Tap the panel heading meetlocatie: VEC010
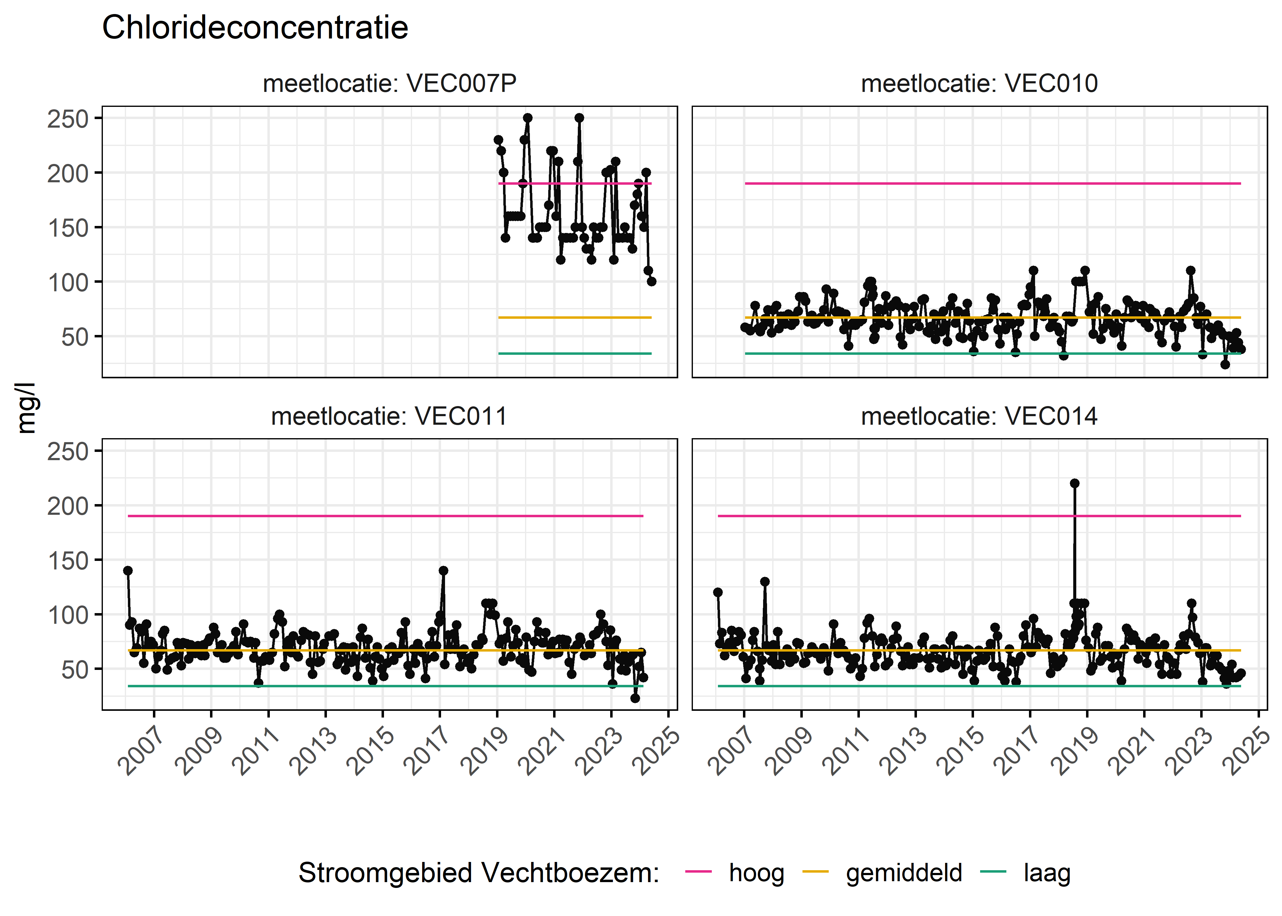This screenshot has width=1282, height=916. click(x=979, y=83)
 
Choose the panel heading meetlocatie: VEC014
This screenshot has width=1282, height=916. click(x=979, y=416)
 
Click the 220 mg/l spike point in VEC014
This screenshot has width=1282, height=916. click(x=1074, y=483)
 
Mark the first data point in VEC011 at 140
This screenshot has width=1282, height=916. click(x=128, y=571)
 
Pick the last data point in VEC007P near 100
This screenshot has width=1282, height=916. click(x=652, y=282)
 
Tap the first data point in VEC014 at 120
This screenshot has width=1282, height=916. click(x=718, y=592)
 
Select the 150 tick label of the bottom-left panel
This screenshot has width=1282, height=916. click(x=68, y=561)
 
